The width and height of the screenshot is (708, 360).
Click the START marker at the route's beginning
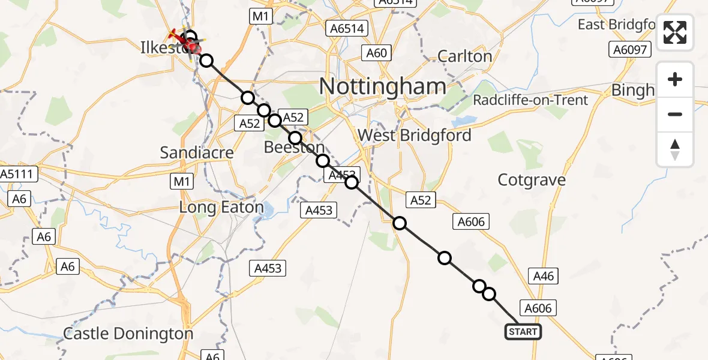pos(523,332)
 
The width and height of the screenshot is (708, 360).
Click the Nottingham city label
pos(382,86)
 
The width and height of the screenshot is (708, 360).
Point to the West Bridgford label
pos(414,135)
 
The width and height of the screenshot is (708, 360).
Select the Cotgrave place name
pos(532,179)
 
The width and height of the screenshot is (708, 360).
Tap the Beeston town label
pos(295,148)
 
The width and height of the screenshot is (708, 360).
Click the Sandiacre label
pos(197,152)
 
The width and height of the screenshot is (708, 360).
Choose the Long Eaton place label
pos(222,208)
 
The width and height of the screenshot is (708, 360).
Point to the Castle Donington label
pos(128,334)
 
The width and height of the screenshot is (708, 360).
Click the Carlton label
pos(464,56)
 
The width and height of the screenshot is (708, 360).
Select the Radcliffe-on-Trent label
pos(530,100)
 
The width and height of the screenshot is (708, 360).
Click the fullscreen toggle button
pos(675,32)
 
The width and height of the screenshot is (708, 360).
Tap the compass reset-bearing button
pos(675,149)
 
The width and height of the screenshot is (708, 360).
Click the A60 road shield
pos(376,53)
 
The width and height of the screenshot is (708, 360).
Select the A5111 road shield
pos(19,175)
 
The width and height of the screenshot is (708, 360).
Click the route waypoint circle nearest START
pos(489,294)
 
